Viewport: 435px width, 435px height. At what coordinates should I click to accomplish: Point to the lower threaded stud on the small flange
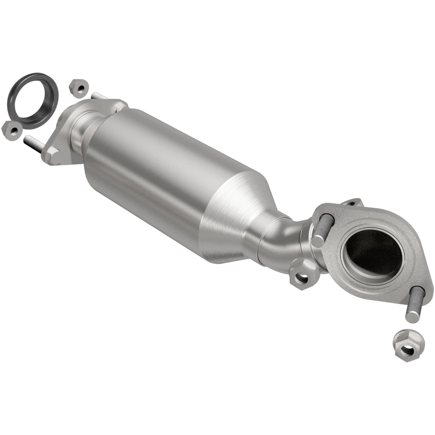coord(34,143)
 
